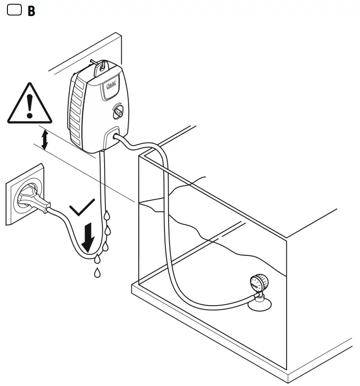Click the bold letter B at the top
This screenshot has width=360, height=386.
coord(31,11)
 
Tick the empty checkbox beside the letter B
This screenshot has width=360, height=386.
coord(14,10)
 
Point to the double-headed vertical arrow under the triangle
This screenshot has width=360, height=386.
coord(45,140)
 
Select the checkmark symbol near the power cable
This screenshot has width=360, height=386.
coord(83,209)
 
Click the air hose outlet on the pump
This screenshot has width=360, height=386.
coord(117,137)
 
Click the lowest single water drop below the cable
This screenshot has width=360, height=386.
coord(97,273)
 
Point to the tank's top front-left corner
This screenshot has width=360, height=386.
coord(139,156)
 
